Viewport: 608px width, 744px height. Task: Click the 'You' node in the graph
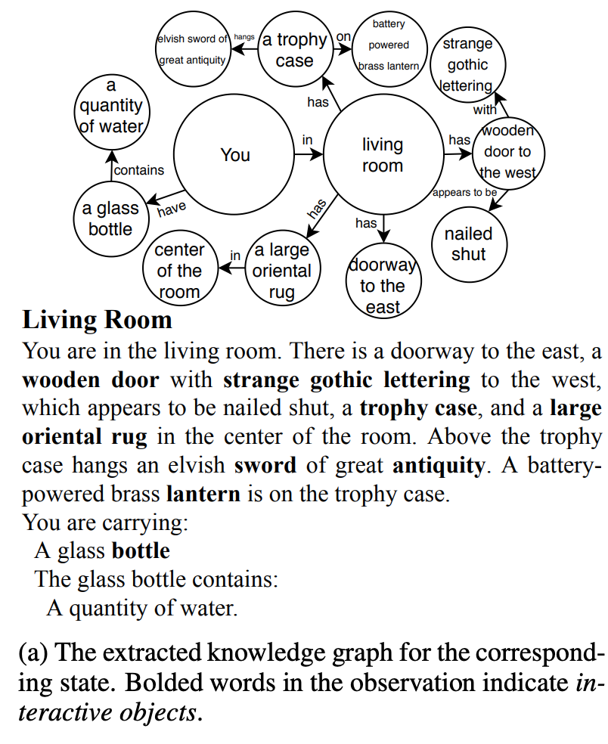pyautogui.click(x=234, y=155)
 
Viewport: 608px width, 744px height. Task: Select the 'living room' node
pyautogui.click(x=383, y=155)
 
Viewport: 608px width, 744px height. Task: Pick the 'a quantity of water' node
pyautogui.click(x=111, y=107)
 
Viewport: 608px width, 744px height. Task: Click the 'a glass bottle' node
pyautogui.click(x=110, y=219)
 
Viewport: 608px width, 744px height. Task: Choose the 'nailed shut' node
pyautogui.click(x=468, y=243)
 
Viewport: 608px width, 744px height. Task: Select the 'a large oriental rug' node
pyautogui.click(x=282, y=271)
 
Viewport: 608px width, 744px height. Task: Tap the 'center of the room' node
pyautogui.click(x=179, y=271)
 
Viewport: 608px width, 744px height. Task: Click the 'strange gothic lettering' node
pyautogui.click(x=467, y=65)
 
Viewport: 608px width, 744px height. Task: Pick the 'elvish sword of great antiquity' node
pyautogui.click(x=192, y=49)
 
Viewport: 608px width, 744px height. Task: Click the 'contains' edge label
pyautogui.click(x=139, y=171)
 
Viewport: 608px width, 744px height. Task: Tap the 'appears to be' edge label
pyautogui.click(x=464, y=192)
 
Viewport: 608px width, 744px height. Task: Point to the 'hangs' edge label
pyautogui.click(x=244, y=36)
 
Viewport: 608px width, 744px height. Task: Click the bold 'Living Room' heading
pyautogui.click(x=98, y=320)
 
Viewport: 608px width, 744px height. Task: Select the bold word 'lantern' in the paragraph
pyautogui.click(x=203, y=494)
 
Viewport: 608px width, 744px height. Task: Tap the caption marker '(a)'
pyautogui.click(x=36, y=651)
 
